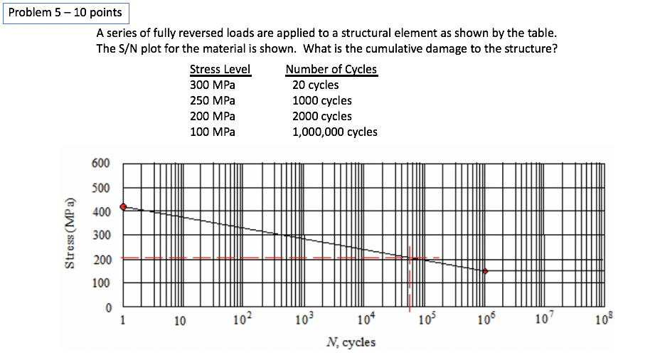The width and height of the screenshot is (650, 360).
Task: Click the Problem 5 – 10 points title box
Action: pos(65,13)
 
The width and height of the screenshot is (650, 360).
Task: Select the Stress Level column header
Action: pos(220,70)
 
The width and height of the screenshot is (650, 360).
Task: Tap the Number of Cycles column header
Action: pos(331,70)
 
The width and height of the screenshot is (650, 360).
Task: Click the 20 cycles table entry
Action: pos(316,85)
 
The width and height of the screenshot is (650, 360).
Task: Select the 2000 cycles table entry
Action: pos(322,116)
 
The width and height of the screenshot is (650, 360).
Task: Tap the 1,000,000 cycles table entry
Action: pos(335,132)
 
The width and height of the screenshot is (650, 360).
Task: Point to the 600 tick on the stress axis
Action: pos(101,163)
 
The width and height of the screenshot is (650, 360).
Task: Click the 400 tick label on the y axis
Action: pos(101,212)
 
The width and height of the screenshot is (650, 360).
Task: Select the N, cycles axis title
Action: pos(351,342)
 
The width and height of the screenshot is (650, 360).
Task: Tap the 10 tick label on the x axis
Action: pos(181,322)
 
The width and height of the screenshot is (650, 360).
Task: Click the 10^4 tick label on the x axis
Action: pos(363,320)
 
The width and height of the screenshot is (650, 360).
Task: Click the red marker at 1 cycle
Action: pos(123,207)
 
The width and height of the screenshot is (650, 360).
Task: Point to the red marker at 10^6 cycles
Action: pos(485,271)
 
